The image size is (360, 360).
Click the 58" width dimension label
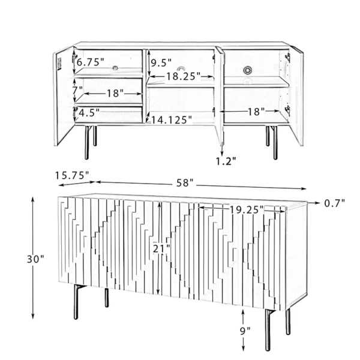pyautogui.click(x=185, y=183)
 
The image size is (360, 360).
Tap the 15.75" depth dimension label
pyautogui.click(x=72, y=175)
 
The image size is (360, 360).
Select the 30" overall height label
pyautogui.click(x=35, y=259)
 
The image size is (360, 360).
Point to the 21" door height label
pyautogui.click(x=161, y=248)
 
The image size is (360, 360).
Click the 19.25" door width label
pyautogui.click(x=247, y=209)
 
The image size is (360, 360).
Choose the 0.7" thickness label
pyautogui.click(x=335, y=203)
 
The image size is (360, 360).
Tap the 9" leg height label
pyautogui.click(x=245, y=331)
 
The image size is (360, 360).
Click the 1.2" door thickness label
pyautogui.click(x=226, y=161)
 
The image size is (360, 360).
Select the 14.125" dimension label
pyautogui.click(x=171, y=120)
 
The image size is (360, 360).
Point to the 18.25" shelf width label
pyautogui.click(x=183, y=76)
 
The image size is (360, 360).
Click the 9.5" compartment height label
pyautogui.click(x=161, y=62)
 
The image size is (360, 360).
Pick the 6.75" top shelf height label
pyautogui.click(x=90, y=62)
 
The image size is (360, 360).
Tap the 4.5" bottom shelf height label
pyautogui.click(x=89, y=113)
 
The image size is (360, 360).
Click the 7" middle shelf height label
pyautogui.click(x=77, y=90)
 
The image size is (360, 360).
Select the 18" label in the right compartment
pyautogui.click(x=256, y=112)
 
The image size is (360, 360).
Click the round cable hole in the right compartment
pyautogui.click(x=247, y=70)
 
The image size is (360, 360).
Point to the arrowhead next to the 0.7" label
pyautogui.click(x=317, y=203)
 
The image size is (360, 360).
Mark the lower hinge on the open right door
pyautogui.click(x=287, y=110)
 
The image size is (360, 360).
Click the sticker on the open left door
pyautogui.click(x=59, y=64)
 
